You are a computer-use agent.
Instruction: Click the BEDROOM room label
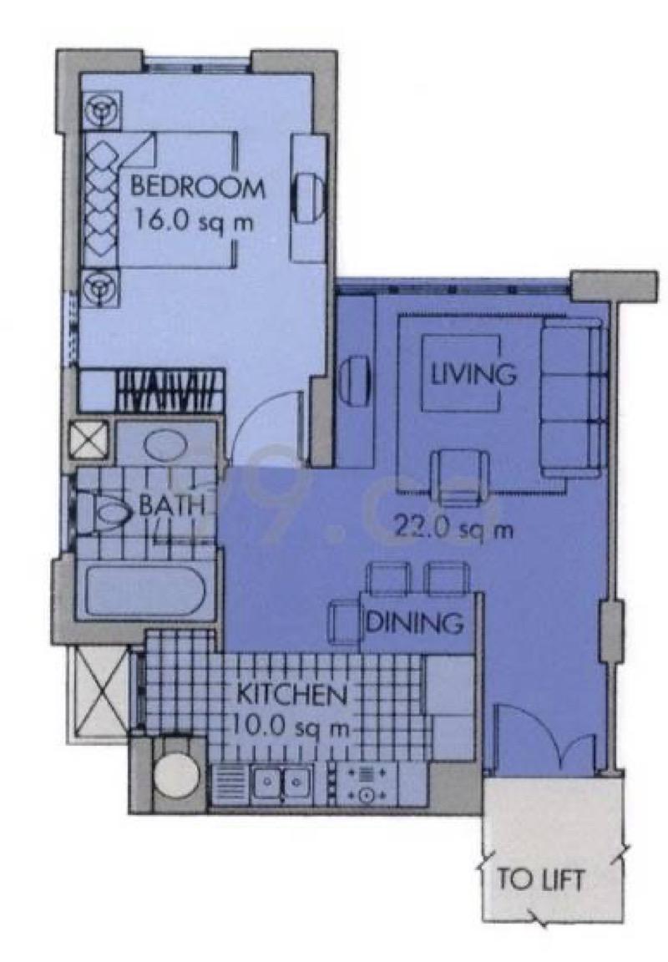pyautogui.click(x=197, y=186)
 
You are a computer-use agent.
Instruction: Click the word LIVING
pyautogui.click(x=473, y=373)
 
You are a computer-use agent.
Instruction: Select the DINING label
pyautogui.click(x=415, y=622)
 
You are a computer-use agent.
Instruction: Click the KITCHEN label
pyautogui.click(x=291, y=694)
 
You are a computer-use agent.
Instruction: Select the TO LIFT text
pyautogui.click(x=540, y=879)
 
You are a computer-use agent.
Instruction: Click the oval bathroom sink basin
pyautogui.click(x=167, y=443)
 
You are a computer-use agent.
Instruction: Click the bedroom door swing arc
pyautogui.click(x=263, y=430)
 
